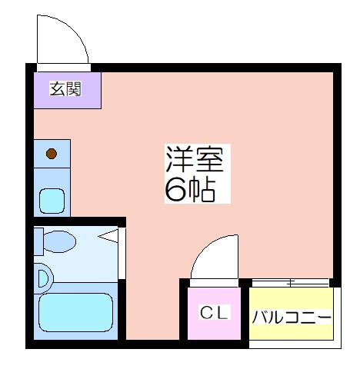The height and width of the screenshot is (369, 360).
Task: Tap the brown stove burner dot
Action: click(x=51, y=154)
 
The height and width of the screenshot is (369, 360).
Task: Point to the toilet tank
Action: click(x=38, y=241)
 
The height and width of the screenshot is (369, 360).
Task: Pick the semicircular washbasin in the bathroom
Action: click(x=42, y=277)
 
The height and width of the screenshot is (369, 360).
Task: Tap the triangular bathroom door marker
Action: click(x=112, y=237)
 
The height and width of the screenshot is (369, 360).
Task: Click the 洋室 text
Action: click(x=194, y=159)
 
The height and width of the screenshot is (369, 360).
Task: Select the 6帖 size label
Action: click(x=189, y=189)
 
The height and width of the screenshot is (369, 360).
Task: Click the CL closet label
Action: click(x=214, y=313)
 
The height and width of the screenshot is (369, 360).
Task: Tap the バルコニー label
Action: click(x=292, y=317)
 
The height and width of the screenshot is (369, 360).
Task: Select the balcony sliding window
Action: click(x=292, y=282)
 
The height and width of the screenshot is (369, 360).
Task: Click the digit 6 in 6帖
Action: click(x=175, y=189)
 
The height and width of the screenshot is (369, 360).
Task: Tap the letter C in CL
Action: click(x=206, y=313)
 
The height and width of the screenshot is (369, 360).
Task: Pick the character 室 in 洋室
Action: click(x=208, y=159)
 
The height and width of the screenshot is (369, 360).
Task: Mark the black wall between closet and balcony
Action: click(x=245, y=311)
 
